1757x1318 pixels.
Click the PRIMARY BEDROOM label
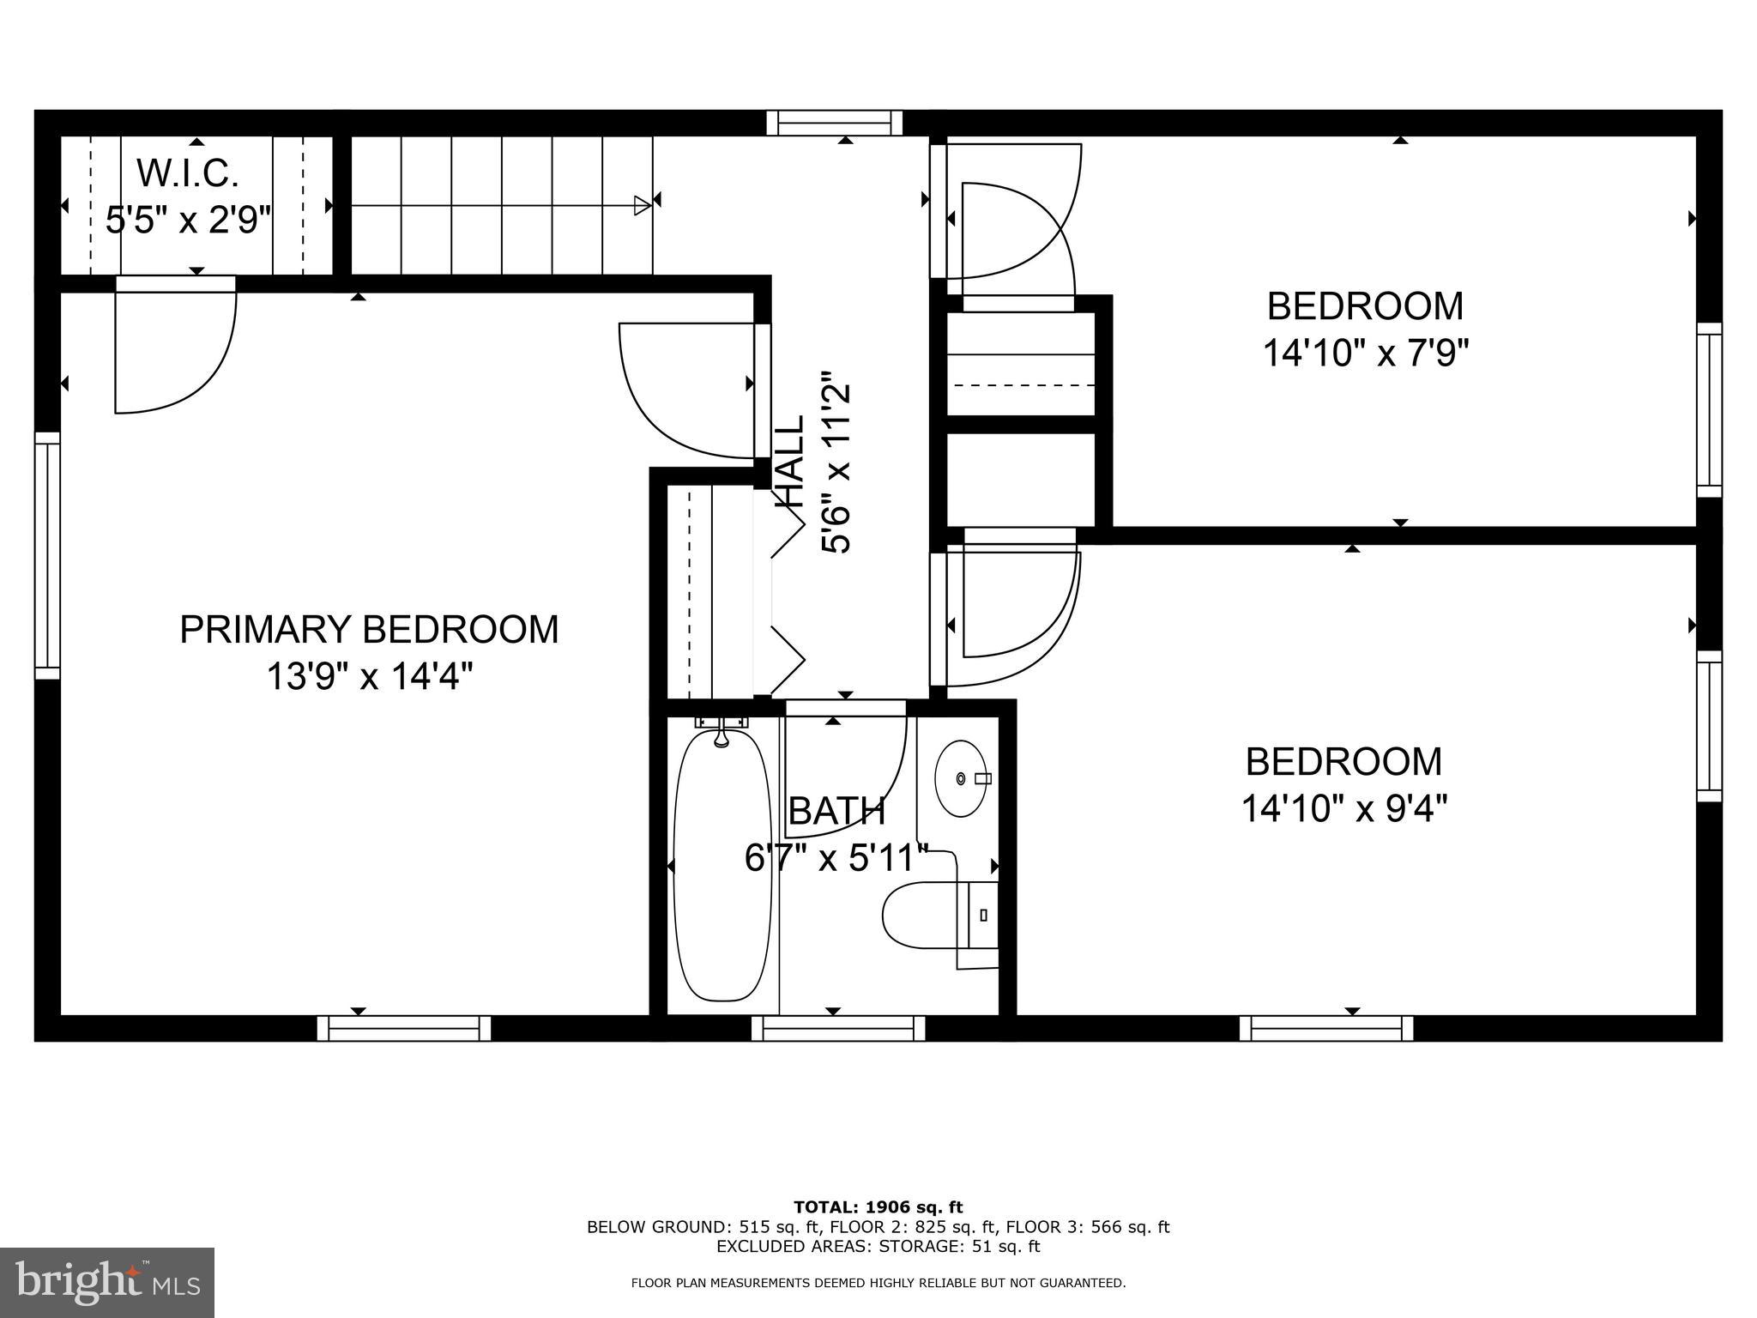[369, 629]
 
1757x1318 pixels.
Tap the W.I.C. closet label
[188, 173]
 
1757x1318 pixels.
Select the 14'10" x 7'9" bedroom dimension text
[1366, 353]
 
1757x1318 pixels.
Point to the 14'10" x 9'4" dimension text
[1344, 807]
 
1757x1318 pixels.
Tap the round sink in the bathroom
[962, 778]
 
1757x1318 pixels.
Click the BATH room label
[836, 811]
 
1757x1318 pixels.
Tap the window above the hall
[835, 123]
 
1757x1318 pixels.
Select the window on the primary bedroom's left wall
[47, 555]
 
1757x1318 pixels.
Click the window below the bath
[839, 1028]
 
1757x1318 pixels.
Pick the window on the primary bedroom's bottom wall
[404, 1028]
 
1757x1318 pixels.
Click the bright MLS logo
[107, 1283]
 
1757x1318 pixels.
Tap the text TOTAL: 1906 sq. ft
[878, 1207]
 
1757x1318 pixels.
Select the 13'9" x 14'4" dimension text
[370, 676]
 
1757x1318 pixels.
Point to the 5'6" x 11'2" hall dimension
[836, 463]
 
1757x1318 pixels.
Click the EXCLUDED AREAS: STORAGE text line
[878, 1246]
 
